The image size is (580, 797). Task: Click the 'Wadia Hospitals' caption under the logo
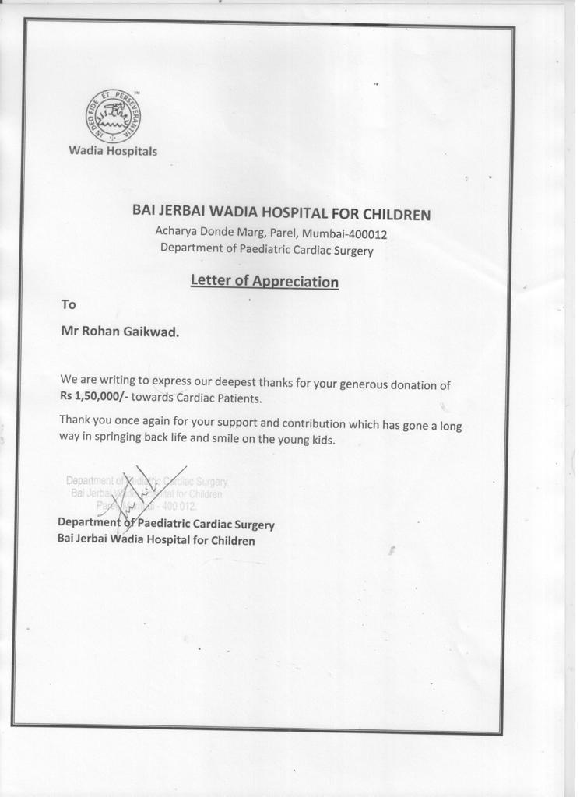coord(113,151)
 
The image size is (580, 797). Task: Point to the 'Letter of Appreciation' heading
coord(264,281)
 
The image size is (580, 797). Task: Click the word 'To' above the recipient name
coord(69,304)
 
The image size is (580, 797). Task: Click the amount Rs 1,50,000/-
coord(88,398)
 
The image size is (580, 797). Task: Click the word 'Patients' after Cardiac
coord(237,398)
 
